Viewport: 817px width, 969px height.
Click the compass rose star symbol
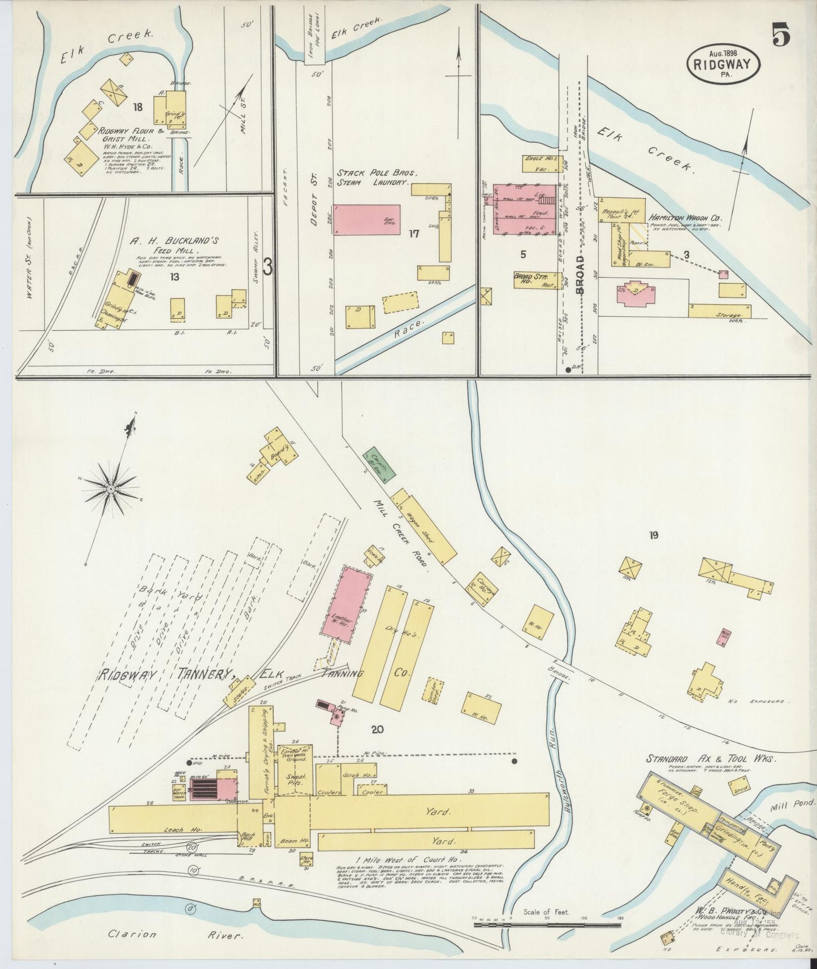click(x=111, y=488)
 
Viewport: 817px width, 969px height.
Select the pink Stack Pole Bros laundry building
click(x=366, y=219)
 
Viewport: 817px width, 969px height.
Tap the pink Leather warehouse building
click(x=351, y=603)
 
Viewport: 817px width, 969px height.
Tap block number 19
click(x=654, y=535)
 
